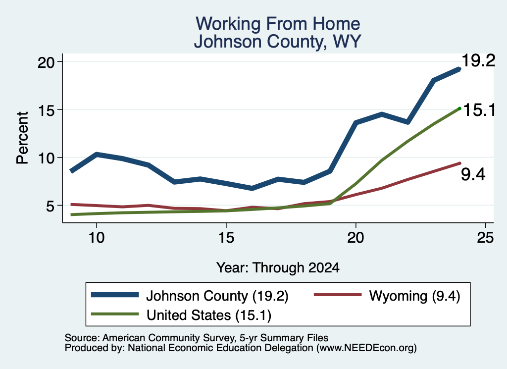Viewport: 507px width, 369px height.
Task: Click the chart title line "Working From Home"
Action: point(278,24)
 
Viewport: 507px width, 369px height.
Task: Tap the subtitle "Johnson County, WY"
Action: point(277,42)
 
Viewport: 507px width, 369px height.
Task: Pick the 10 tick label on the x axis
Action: point(97,238)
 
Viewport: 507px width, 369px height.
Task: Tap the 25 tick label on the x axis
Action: point(485,238)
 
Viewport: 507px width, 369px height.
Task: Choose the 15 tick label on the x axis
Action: point(226,238)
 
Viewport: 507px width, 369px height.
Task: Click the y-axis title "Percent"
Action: point(22,138)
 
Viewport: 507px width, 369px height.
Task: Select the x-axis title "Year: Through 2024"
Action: point(278,268)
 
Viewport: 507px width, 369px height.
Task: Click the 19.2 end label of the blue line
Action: point(478,60)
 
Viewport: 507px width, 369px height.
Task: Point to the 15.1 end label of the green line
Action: point(479,110)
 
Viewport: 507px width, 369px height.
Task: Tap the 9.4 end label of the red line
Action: point(473,175)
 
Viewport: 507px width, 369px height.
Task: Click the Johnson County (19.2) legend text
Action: point(217,296)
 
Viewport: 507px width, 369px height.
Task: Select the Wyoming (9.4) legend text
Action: point(414,296)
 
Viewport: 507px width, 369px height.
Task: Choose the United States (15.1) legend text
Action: point(209,316)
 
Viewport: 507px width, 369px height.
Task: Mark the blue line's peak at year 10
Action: point(97,155)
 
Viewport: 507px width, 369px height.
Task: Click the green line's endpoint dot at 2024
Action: point(459,108)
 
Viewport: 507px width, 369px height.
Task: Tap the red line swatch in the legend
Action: point(338,295)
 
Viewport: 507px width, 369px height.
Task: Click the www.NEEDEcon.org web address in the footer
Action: point(366,348)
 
